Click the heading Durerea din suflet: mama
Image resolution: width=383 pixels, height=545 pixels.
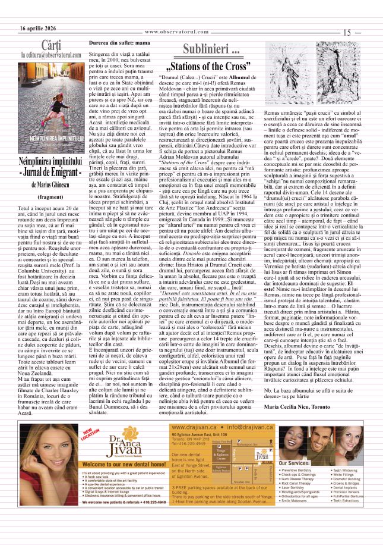119,44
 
